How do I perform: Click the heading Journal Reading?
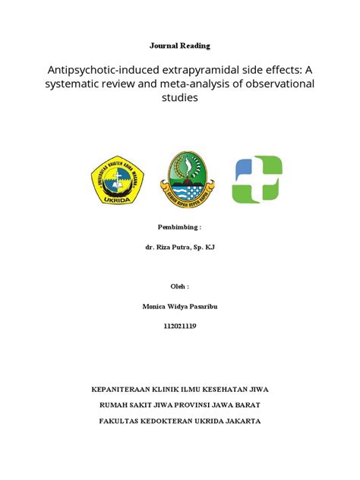179,46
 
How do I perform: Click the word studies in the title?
179,99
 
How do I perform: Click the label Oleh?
179,287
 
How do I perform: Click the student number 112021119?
179,326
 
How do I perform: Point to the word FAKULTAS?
122,420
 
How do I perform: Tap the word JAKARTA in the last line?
241,420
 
